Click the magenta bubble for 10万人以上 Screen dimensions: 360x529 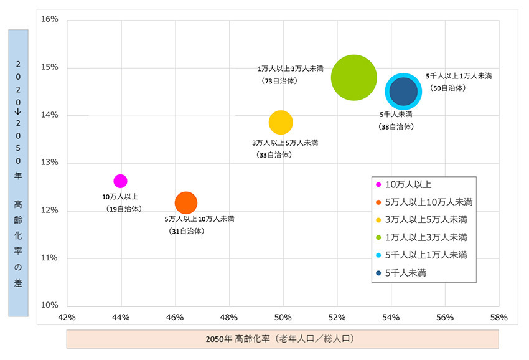tap(120, 181)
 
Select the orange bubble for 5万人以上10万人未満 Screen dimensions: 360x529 tap(186, 202)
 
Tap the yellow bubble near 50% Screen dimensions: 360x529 tap(281, 122)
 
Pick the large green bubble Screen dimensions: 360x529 tap(353, 78)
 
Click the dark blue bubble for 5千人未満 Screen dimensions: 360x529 tap(403, 92)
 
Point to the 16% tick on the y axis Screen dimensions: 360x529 tap(50, 19)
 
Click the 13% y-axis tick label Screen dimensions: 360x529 tap(50, 163)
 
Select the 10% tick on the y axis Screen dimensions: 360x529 tap(50, 305)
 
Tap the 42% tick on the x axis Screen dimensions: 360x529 tap(67, 317)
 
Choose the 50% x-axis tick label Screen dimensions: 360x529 tap(283, 317)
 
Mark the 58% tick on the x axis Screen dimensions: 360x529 tap(499, 317)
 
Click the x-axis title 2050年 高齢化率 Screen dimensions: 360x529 tap(283, 339)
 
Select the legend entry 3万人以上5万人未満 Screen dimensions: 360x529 tap(426, 219)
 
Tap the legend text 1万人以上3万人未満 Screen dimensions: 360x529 tap(426, 237)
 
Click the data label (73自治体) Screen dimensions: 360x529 tap(279, 81)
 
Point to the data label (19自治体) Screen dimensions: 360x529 tap(124, 209)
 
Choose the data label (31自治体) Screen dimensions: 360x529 tap(186, 231)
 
